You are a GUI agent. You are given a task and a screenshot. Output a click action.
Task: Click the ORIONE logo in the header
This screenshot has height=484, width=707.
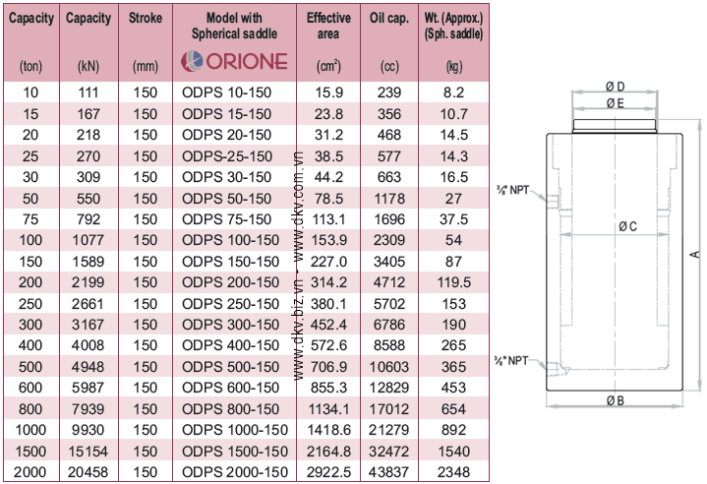(234, 61)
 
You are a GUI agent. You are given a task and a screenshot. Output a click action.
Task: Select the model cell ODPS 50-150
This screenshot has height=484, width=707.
(226, 199)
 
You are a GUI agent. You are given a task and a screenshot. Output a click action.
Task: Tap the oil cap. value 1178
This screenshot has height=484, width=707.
(389, 199)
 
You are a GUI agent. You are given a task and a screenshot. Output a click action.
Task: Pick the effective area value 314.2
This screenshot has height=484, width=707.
(328, 282)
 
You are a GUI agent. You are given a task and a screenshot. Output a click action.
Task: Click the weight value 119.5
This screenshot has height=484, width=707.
(453, 282)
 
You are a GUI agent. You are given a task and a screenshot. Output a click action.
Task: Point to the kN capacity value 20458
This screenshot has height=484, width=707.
(88, 472)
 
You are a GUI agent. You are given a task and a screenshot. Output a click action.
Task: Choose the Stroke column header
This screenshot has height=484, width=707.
(146, 18)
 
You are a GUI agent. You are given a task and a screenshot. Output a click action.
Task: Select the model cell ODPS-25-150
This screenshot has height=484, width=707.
(227, 156)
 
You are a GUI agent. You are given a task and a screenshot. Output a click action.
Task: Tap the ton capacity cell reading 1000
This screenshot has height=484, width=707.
(30, 430)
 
